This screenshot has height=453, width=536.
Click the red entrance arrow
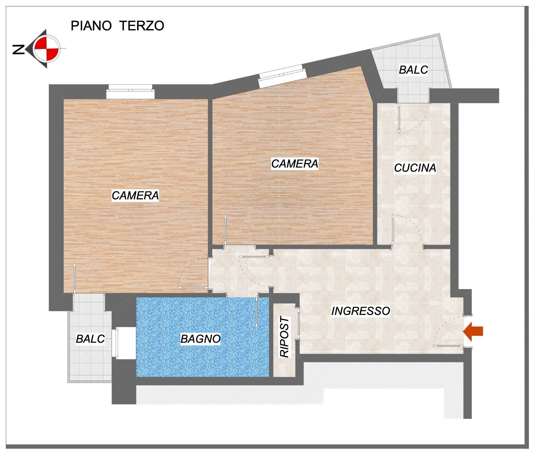coord(473,331)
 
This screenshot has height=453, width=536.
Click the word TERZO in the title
coord(142,26)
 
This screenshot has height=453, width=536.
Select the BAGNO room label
coord(200,339)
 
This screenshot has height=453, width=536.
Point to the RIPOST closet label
coord(285,337)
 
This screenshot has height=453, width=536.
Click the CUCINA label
coord(415,168)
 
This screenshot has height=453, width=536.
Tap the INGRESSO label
coord(361,311)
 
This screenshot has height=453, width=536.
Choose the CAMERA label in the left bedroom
coord(135,196)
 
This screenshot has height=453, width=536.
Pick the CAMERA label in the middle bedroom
coord(295,164)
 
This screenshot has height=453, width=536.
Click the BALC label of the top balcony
coord(413,70)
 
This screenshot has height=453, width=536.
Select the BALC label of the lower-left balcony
coord(90,339)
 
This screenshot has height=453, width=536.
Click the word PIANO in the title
coord(91,26)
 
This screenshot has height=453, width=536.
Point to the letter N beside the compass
coord(18,50)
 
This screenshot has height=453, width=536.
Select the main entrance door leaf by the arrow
coord(448,345)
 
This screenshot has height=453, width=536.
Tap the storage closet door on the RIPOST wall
coord(298,323)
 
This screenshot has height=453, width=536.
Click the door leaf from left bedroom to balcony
coord(75,277)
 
